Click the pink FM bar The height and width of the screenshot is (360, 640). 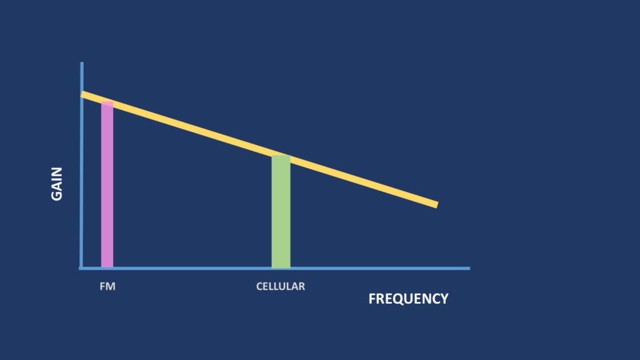pos(107,184)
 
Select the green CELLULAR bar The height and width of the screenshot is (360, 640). pos(281,211)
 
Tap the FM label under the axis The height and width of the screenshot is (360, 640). pos(107,286)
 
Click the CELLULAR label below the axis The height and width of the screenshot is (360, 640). pos(281,286)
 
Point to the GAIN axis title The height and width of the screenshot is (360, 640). pos(57,184)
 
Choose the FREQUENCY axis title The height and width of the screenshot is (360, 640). pos(408,299)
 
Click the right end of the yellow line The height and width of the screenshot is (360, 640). pos(437,204)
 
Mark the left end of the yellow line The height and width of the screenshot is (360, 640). pos(82,94)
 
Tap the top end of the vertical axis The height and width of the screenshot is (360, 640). pos(82,63)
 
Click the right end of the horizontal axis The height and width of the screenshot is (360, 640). pos(469,268)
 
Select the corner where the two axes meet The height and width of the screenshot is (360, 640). pos(82,268)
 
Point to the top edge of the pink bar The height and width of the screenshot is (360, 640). pos(107,102)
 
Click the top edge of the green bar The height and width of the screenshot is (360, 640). pos(281,156)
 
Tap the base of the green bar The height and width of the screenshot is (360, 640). pos(281,267)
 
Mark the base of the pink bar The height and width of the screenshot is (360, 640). pos(107,267)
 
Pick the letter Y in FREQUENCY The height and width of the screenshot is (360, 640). pos(444,299)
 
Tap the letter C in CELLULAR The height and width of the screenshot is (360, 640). pos(259,286)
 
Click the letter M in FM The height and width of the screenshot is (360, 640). pos(111,286)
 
